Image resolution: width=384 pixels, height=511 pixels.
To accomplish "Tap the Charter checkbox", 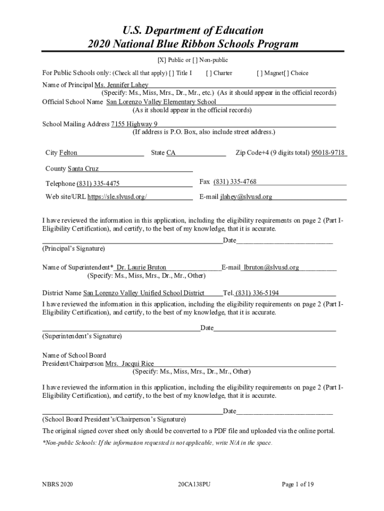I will click(208, 73).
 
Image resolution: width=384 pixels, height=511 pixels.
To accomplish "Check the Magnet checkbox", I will click(259, 73).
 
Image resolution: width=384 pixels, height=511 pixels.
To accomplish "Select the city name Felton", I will click(68, 153).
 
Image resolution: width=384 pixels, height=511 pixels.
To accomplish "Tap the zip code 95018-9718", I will click(328, 153).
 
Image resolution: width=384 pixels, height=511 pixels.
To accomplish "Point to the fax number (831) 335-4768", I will click(235, 182).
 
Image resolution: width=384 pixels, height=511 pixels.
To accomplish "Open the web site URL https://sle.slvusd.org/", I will click(117, 197).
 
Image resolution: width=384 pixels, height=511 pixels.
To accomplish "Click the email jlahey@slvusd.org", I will click(246, 197).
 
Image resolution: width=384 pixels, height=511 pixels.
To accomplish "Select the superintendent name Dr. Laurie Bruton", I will click(141, 267).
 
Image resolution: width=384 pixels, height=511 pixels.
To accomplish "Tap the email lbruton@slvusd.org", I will click(271, 267).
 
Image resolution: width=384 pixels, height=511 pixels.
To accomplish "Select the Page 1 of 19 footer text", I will click(298, 484).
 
